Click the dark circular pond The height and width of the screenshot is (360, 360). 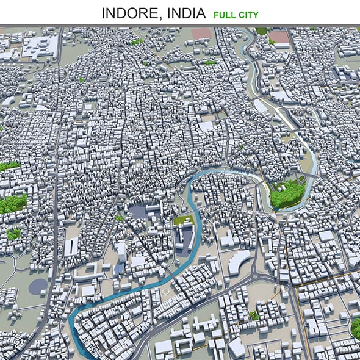point(38,286)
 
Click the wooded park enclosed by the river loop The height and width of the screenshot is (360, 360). point(287,194)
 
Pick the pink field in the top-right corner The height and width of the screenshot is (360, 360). point(279,37)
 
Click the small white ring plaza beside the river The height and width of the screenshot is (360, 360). point(165,292)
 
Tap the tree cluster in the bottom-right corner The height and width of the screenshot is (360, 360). point(355,328)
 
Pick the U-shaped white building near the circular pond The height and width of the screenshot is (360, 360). point(71,247)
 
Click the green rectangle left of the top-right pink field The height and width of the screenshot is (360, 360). point(261,31)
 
